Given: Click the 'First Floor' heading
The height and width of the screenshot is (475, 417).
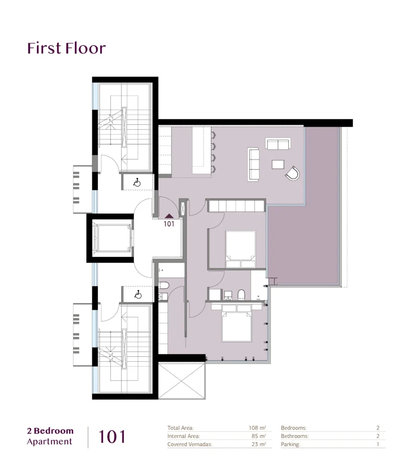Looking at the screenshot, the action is pos(67,48).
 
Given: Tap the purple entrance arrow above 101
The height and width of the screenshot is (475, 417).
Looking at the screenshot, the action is pos(169,216).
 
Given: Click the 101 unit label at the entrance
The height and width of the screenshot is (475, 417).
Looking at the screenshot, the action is pos(169,224).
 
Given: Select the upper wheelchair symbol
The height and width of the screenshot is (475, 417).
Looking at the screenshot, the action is pos(137,182).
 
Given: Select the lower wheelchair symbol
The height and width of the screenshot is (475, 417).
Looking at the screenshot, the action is pos(138,294).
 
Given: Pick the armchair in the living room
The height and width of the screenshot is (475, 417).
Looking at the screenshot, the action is pos(293,173).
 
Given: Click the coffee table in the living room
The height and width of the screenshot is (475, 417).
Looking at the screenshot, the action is pos(278,164).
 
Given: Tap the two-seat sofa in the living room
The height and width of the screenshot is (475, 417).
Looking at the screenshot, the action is pos(278,144).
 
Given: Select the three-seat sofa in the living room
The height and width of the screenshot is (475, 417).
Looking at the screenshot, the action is pos(253,165).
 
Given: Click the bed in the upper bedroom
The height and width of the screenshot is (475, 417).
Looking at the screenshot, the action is pos(240,249).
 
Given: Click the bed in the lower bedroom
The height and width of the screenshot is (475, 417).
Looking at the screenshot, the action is pos(237,323).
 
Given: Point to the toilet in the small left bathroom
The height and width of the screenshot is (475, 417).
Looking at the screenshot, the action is pos(164,285).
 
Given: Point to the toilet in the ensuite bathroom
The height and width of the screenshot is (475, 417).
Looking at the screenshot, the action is pos(241,295).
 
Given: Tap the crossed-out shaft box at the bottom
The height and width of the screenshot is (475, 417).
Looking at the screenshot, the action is pos(182,381).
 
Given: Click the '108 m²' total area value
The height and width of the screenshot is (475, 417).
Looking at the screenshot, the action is pos(257,428).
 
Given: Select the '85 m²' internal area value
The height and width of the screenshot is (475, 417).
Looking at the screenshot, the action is pos(258,436).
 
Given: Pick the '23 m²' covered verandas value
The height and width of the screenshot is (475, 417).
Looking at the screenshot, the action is pos(258,444).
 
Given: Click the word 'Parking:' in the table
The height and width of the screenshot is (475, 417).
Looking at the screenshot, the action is pos(290,444).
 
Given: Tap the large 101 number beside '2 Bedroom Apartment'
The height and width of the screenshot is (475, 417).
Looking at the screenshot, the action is pos(112,437).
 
